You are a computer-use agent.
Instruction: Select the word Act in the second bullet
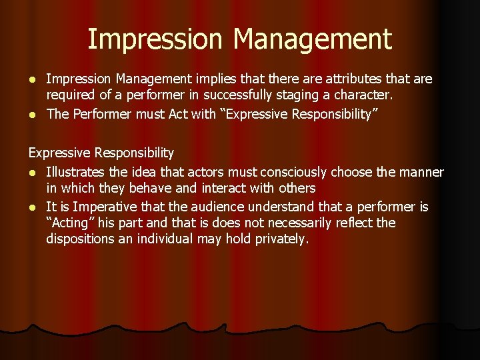pyautogui.click(x=179, y=113)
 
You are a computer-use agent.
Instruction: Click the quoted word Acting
pyautogui.click(x=70, y=223)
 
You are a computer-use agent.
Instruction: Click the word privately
pyautogui.click(x=283, y=239)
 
